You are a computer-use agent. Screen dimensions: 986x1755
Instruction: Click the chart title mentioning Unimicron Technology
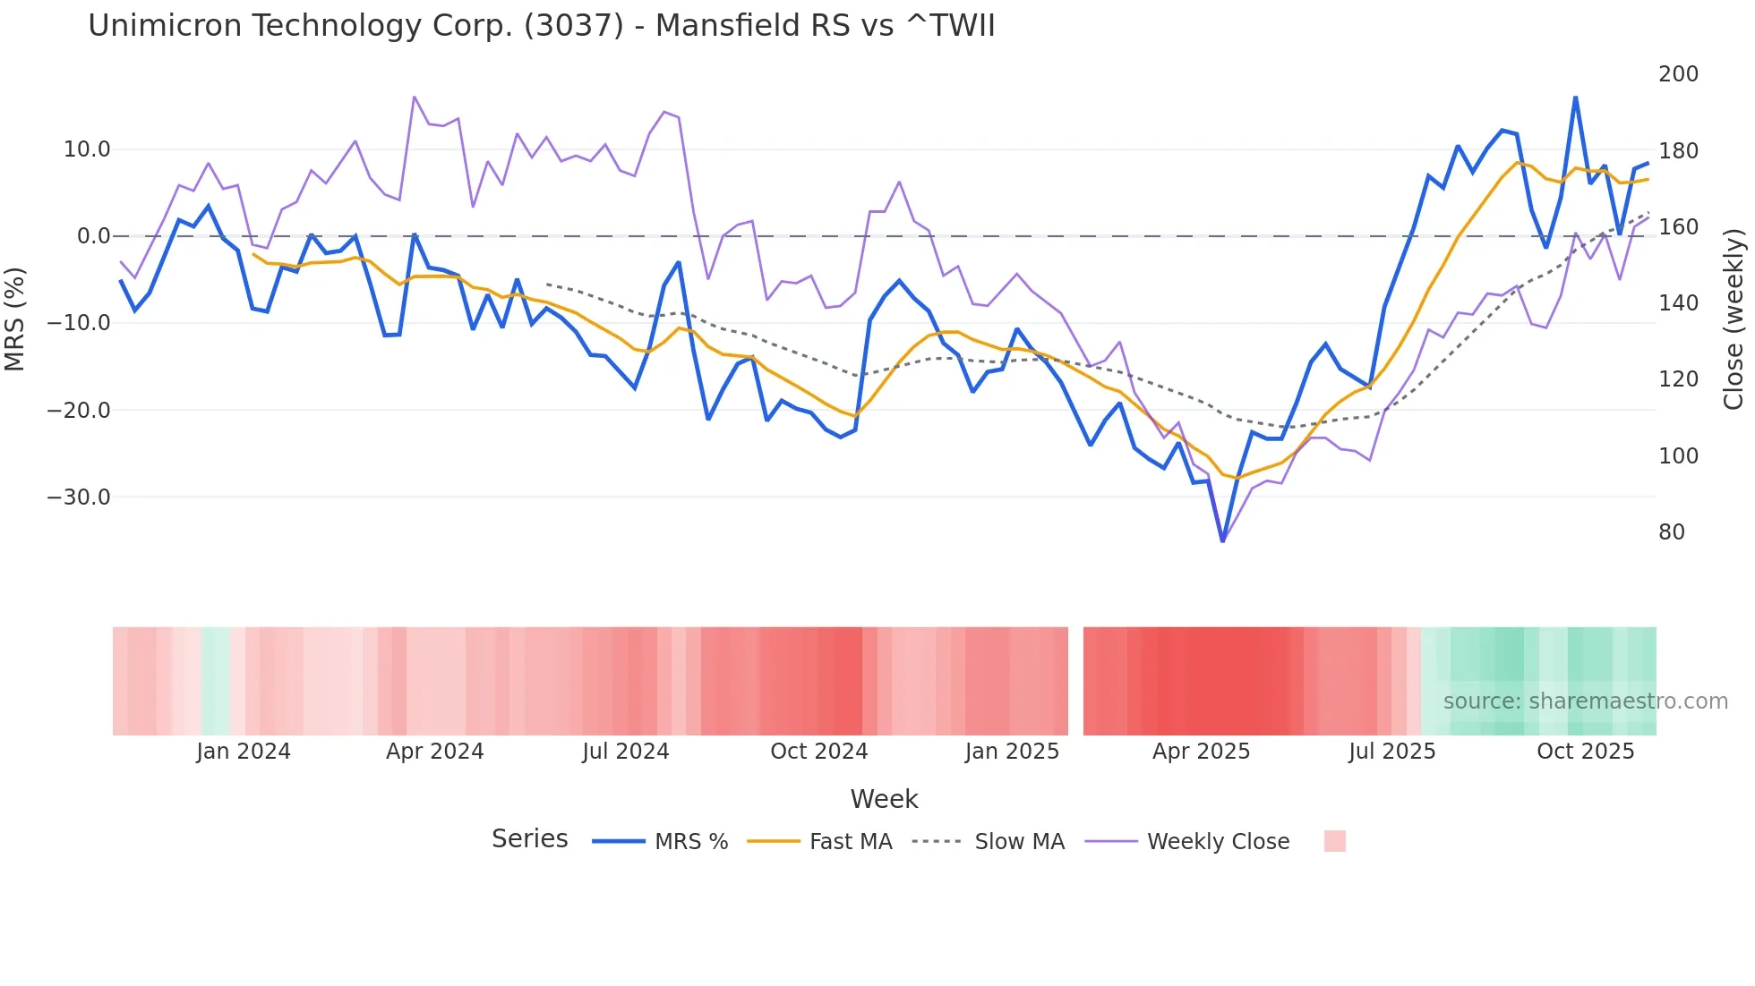point(541,26)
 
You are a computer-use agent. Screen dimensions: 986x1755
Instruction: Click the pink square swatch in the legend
point(1334,841)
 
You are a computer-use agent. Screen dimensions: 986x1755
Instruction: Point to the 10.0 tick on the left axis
point(87,149)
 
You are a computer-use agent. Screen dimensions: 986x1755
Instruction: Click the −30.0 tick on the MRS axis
point(79,497)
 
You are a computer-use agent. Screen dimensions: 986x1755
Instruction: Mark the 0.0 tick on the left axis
point(93,236)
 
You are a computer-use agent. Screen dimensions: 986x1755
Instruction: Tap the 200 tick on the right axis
point(1678,74)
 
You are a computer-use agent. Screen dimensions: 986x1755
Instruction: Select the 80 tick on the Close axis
point(1671,532)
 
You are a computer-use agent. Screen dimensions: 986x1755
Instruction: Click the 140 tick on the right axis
point(1678,303)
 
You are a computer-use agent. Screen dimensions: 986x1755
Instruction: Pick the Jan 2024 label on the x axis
point(244,752)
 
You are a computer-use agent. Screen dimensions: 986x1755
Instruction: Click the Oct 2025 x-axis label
point(1585,752)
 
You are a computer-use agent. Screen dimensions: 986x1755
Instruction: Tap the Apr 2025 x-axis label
point(1201,752)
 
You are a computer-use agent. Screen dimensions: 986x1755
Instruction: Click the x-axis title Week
point(884,799)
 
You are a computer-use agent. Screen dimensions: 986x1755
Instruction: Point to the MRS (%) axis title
point(15,319)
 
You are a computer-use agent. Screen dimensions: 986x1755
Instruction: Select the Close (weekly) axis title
point(1734,319)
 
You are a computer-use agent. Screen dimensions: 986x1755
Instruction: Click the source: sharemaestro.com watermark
point(1585,701)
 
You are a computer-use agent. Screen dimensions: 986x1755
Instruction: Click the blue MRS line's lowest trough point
point(1222,540)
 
